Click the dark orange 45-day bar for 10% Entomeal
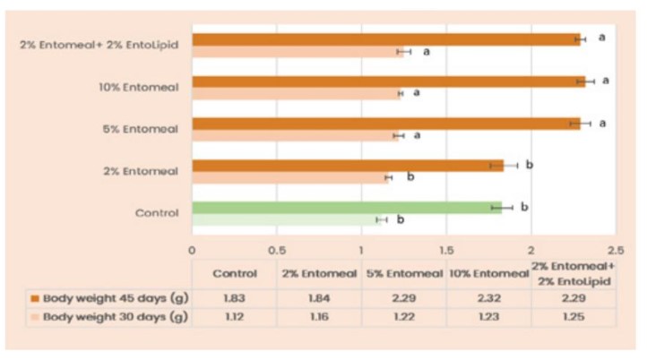click(385, 81)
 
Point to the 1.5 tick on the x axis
click(445, 251)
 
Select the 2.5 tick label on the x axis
click(615, 251)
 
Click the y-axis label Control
click(157, 213)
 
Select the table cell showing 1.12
click(235, 317)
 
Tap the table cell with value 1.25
click(573, 317)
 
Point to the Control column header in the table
click(235, 273)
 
